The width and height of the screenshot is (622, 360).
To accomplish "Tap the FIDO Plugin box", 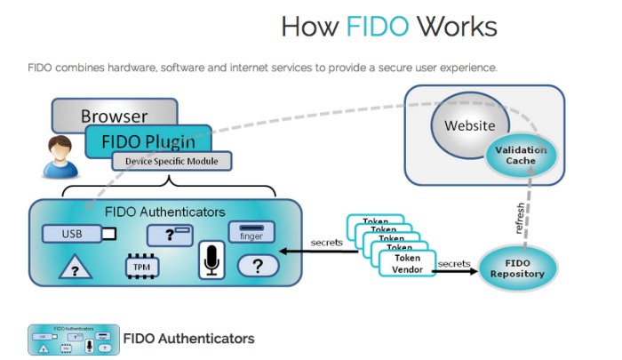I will tap(148, 140).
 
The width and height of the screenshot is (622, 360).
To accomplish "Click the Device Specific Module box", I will tap(171, 161).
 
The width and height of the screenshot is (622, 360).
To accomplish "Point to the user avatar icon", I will tap(60, 157).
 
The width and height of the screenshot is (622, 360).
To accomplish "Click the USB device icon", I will tap(79, 234).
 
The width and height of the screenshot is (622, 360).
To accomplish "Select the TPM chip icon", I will tap(141, 266).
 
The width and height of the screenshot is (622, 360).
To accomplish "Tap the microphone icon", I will tap(211, 259).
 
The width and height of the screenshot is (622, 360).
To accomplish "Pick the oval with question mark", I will tap(256, 265).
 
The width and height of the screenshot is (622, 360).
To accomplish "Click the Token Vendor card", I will tap(406, 263).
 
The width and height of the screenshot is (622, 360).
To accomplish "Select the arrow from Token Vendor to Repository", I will tap(458, 269).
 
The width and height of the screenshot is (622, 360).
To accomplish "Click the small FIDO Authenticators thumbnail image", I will tap(74, 339).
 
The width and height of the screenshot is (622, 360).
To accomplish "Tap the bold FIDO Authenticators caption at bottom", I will tap(188, 339).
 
